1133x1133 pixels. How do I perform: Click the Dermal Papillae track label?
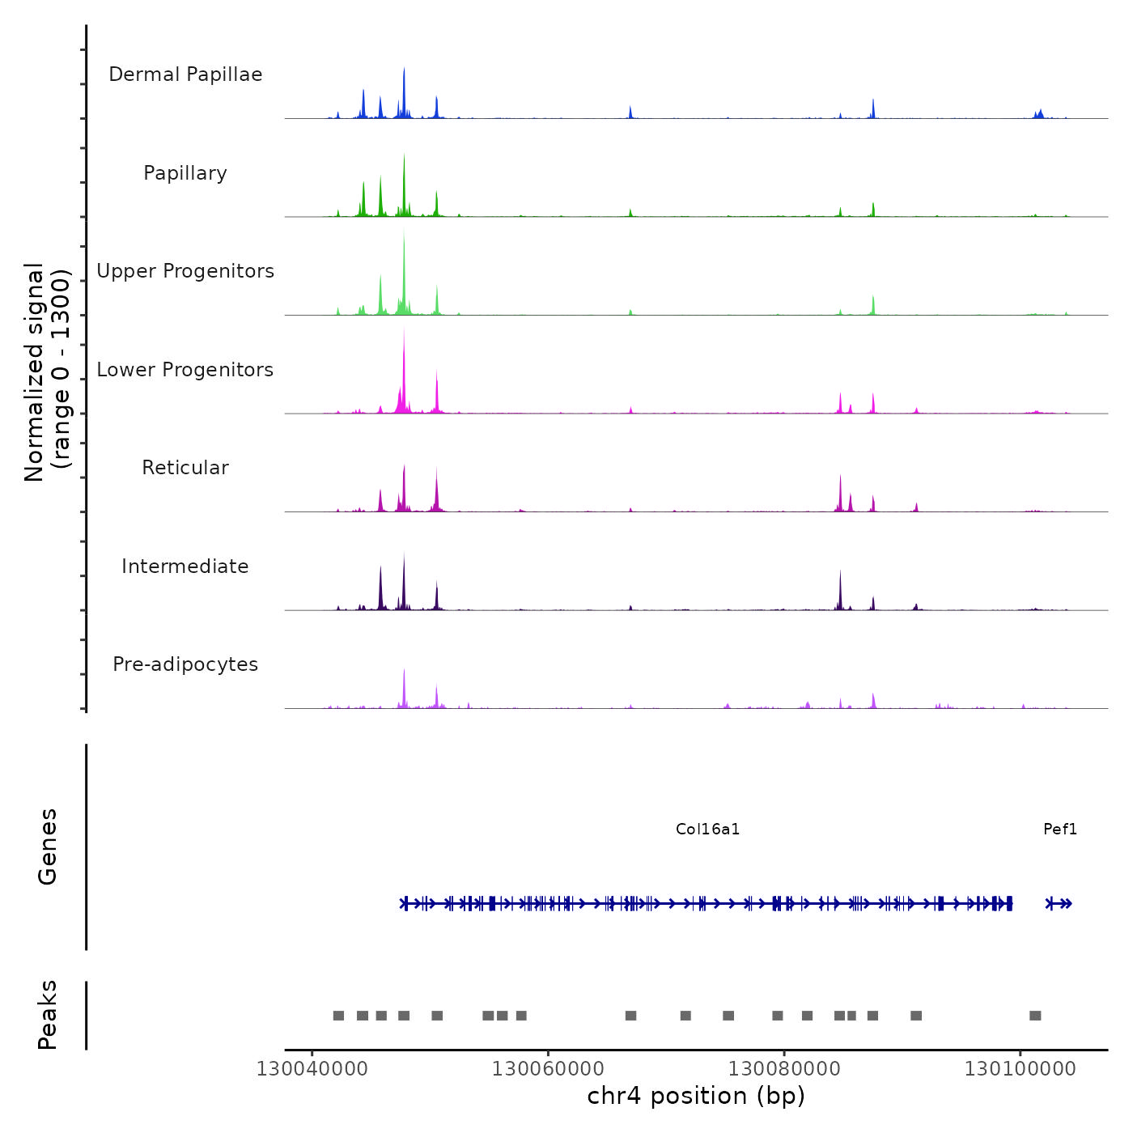click(x=185, y=74)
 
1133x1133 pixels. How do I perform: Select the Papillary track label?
click(x=185, y=173)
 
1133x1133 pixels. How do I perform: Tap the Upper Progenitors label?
click(x=185, y=271)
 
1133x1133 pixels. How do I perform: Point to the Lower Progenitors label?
click(x=185, y=370)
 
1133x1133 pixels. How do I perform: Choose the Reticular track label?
click(x=185, y=468)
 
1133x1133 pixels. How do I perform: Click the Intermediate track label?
click(x=185, y=566)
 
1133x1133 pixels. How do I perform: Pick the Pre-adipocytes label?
click(x=185, y=664)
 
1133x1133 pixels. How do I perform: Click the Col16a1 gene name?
click(x=707, y=829)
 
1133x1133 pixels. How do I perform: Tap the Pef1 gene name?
click(x=1060, y=829)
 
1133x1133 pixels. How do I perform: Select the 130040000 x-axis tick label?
click(x=312, y=1069)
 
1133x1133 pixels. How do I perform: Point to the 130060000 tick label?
click(x=548, y=1069)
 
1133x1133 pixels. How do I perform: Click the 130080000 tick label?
click(x=784, y=1069)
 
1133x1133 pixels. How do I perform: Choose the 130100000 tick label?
click(x=1020, y=1069)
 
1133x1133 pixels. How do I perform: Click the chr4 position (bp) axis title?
click(x=696, y=1096)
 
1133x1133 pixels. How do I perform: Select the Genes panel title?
click(x=48, y=847)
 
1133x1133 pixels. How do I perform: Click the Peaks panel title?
click(x=48, y=1015)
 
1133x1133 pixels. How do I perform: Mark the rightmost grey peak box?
click(x=1035, y=1016)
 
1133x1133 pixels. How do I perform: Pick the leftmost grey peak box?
click(x=338, y=1016)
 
